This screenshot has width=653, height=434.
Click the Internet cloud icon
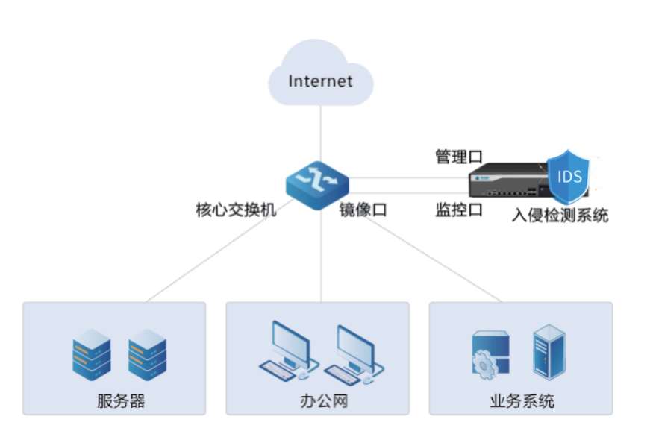pyautogui.click(x=320, y=75)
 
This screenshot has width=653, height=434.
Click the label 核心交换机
pyautogui.click(x=236, y=210)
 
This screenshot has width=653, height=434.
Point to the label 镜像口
pyautogui.click(x=363, y=210)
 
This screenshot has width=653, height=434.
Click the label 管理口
pyautogui.click(x=459, y=157)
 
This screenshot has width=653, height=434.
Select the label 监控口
pyautogui.click(x=459, y=210)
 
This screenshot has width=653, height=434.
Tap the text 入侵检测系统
pyautogui.click(x=560, y=216)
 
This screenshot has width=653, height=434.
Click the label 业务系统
pyautogui.click(x=522, y=401)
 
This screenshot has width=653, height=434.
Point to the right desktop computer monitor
pyautogui.click(x=354, y=344)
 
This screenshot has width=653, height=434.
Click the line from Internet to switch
pyautogui.click(x=321, y=134)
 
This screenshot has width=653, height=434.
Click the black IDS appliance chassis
pyautogui.click(x=507, y=183)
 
